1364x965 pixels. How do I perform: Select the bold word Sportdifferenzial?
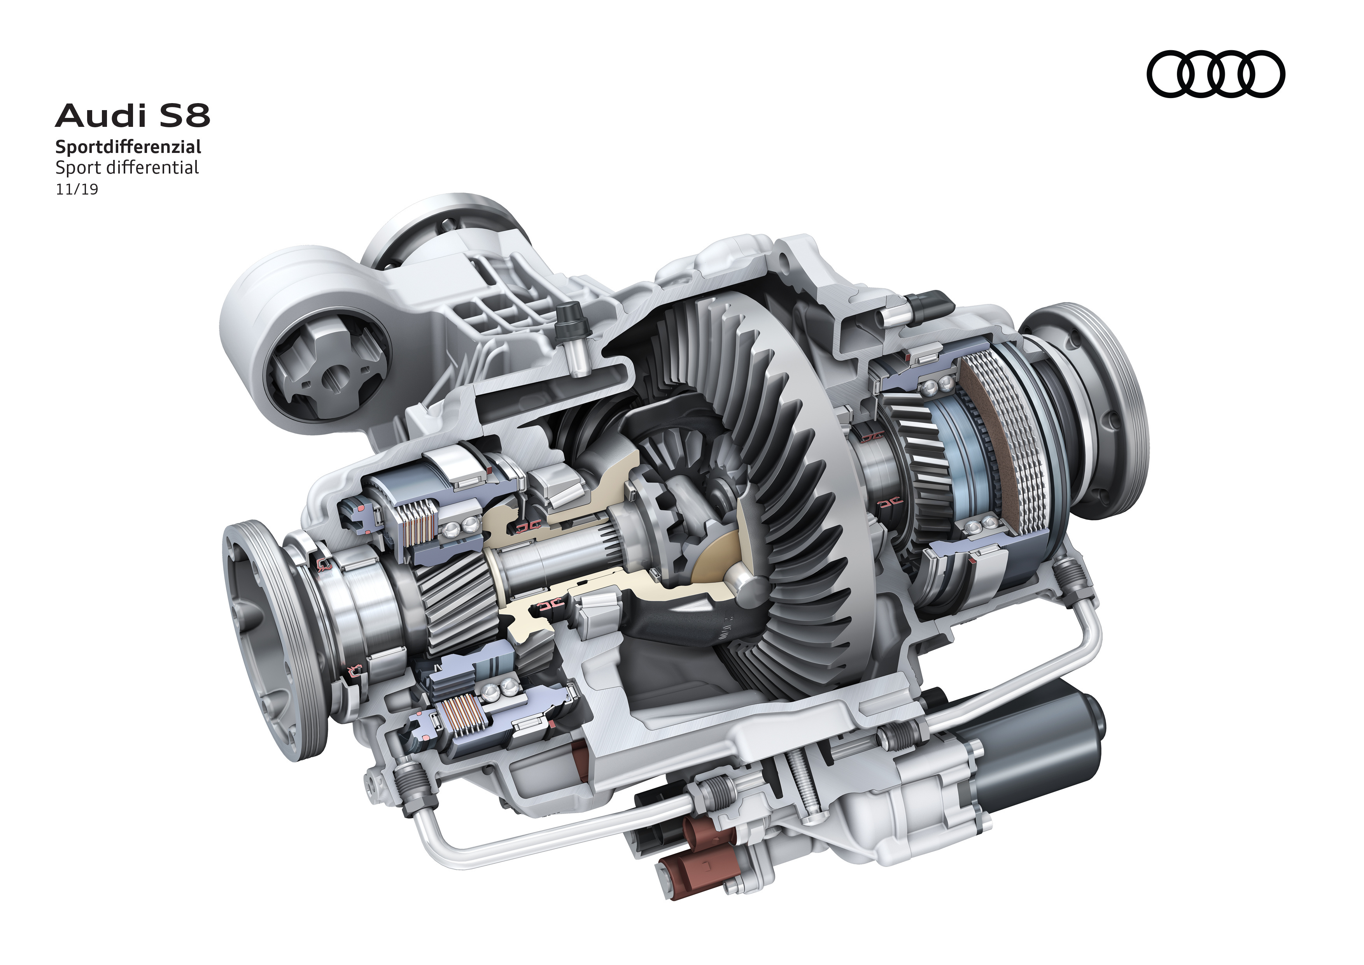128,146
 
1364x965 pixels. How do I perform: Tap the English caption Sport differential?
127,168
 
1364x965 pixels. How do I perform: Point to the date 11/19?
77,189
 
